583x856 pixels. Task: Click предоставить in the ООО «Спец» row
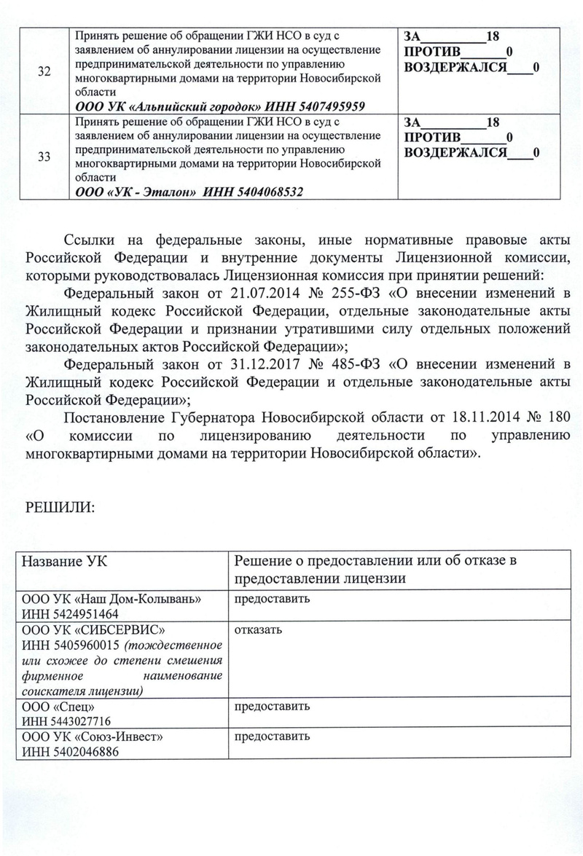(x=272, y=707)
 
